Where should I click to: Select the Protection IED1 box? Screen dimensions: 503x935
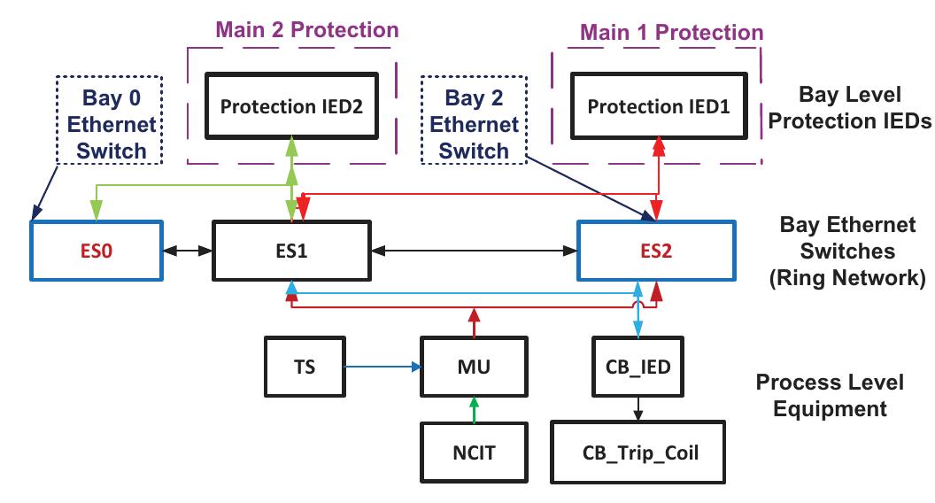(x=659, y=107)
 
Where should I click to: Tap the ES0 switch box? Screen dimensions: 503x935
(x=97, y=251)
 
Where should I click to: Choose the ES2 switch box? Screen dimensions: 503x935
(x=656, y=251)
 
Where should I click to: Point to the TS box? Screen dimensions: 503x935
(x=304, y=365)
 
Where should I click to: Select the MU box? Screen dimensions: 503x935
(x=475, y=365)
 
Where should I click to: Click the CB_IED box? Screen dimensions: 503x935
(x=636, y=365)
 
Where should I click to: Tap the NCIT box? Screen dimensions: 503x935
(x=475, y=453)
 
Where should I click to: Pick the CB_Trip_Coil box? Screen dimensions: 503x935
(x=640, y=453)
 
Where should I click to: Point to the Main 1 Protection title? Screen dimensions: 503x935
(x=671, y=33)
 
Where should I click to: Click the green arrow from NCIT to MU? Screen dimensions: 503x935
(x=475, y=408)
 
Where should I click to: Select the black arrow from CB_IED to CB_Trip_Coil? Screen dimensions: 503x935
(x=636, y=407)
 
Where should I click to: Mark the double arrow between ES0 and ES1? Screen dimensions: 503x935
(x=188, y=251)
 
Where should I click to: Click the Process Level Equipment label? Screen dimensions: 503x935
(x=829, y=395)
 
